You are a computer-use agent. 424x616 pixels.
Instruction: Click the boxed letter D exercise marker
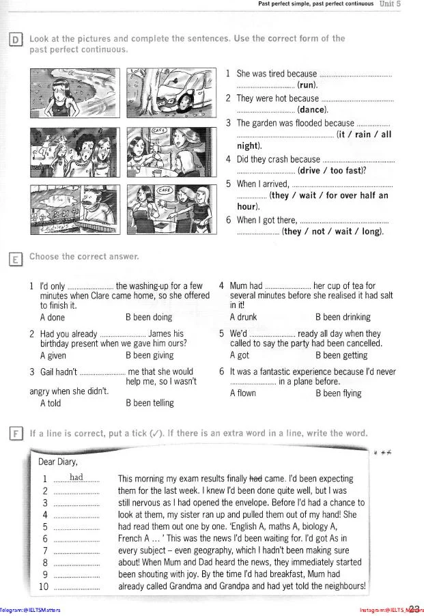click(15, 39)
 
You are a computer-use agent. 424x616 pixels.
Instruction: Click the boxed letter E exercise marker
click(15, 258)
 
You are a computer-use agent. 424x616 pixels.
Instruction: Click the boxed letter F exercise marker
click(15, 434)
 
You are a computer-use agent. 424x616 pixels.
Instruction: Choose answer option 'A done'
click(53, 317)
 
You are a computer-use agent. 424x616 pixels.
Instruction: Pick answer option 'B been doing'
click(148, 317)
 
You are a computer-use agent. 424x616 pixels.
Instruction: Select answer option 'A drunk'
click(243, 317)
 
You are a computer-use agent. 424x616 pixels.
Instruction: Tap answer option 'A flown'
click(243, 393)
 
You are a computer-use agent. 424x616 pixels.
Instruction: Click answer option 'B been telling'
click(150, 403)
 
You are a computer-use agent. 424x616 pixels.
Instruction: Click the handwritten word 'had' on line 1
click(76, 477)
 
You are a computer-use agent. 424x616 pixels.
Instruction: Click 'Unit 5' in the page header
click(390, 4)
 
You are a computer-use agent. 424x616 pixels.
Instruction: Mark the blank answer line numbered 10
click(76, 587)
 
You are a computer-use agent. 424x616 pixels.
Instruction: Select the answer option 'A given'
click(53, 355)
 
